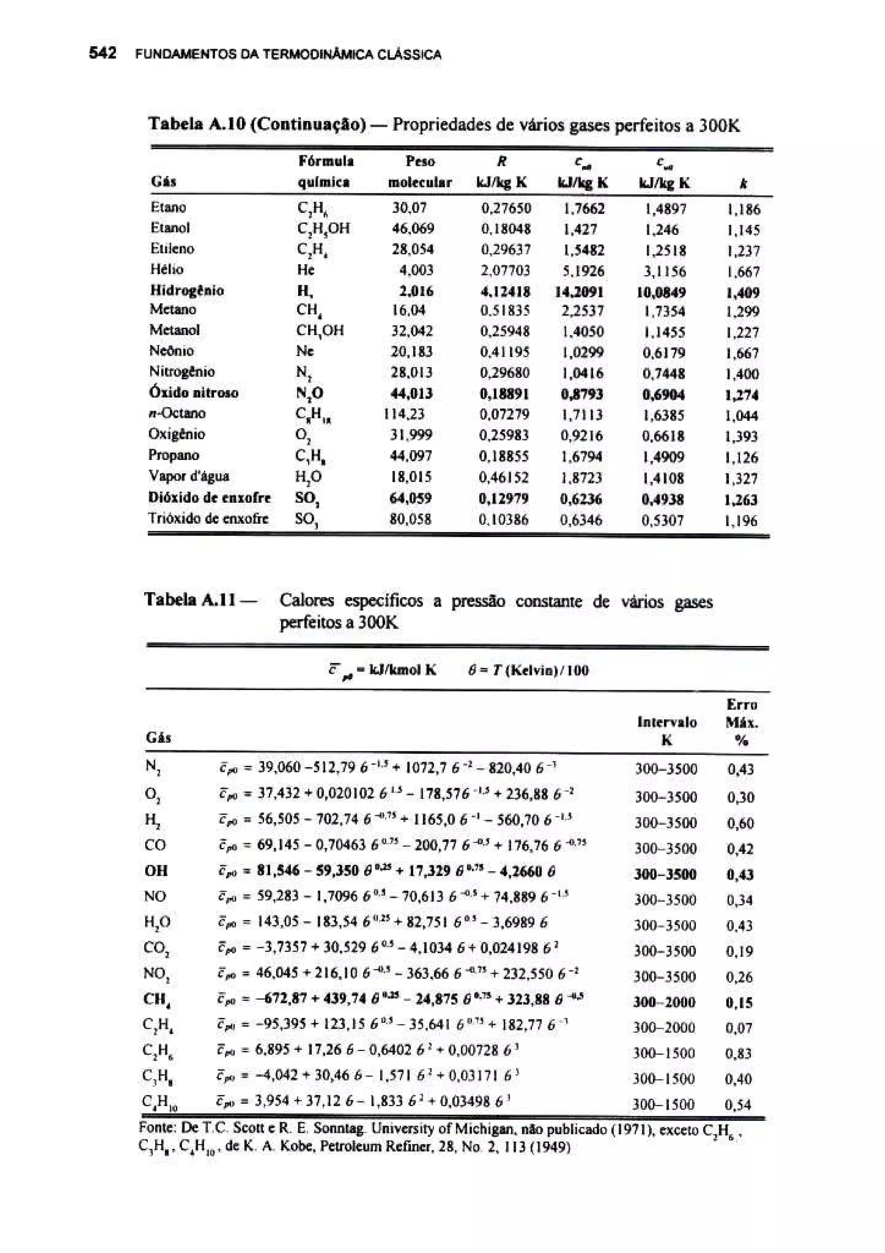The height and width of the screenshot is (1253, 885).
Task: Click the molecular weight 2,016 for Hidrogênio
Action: (x=417, y=291)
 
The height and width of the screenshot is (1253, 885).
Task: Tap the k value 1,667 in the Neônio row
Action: (x=742, y=353)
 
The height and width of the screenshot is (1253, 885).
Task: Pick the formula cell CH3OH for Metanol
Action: (x=320, y=331)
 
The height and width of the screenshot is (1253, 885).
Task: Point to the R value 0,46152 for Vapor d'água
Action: (x=504, y=477)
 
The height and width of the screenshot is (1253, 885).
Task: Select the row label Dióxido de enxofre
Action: (x=210, y=498)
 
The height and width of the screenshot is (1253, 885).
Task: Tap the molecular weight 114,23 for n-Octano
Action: (x=404, y=414)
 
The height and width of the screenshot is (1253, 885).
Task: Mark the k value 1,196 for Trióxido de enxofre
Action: (x=741, y=521)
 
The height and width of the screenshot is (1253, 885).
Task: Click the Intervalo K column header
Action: (x=667, y=730)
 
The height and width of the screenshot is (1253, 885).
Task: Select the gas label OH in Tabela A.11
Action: (x=156, y=870)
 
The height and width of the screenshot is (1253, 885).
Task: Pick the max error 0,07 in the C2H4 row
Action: (x=739, y=1028)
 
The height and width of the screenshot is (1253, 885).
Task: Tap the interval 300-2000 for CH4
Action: (x=664, y=1002)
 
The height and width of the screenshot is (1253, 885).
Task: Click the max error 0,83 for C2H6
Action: (x=739, y=1053)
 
